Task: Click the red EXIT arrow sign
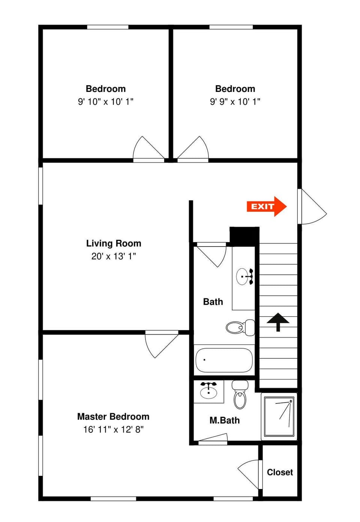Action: coord(266,206)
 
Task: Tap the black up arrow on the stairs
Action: coord(278,322)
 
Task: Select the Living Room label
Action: coord(114,243)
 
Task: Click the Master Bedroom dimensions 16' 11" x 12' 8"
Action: coord(113,429)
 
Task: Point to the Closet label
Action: coord(280,472)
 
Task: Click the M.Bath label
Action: coord(224,420)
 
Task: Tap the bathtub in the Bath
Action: coord(224,360)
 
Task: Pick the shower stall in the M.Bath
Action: coord(279,417)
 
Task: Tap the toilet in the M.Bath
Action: coord(240,395)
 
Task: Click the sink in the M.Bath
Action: coord(208,391)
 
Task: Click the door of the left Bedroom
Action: coord(148,149)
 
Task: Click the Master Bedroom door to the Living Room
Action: coord(161,343)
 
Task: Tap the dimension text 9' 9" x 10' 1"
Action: coord(235,101)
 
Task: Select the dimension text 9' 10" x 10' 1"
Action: coord(106,101)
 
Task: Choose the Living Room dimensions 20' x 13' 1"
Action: coord(114,256)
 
